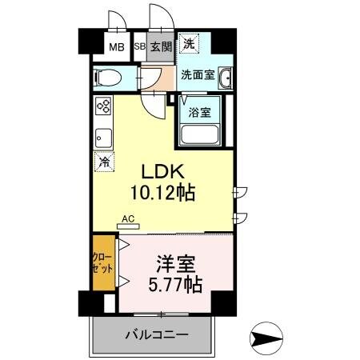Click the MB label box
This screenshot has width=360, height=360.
click(x=117, y=46)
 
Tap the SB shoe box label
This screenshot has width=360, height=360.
click(x=139, y=46)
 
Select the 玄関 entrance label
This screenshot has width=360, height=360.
click(x=158, y=46)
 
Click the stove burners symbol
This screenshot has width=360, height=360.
click(x=102, y=106)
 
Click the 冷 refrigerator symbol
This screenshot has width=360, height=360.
click(x=103, y=162)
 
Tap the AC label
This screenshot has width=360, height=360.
click(x=128, y=218)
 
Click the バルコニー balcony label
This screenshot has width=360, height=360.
click(x=157, y=334)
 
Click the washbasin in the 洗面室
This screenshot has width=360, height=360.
click(x=226, y=78)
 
